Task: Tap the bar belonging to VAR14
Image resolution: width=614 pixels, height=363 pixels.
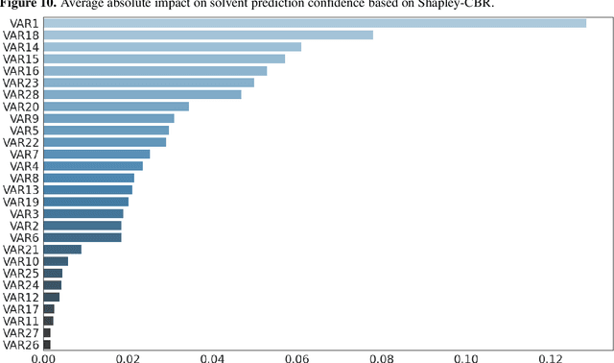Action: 173,46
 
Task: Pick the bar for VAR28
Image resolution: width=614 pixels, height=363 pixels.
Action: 143,94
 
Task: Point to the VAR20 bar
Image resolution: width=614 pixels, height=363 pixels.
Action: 116,107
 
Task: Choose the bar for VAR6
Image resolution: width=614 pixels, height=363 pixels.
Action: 83,237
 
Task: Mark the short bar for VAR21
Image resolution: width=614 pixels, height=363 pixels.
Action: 62,249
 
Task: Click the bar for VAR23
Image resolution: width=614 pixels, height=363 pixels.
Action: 149,83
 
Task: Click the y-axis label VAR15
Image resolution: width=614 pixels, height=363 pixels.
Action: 21,59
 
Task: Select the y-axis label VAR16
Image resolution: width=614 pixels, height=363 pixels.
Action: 21,71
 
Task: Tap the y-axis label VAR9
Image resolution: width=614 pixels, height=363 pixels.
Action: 24,118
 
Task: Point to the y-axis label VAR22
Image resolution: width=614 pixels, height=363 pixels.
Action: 21,142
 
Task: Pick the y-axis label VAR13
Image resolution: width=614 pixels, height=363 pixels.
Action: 21,189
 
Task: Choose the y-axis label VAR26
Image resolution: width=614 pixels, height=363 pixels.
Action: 21,344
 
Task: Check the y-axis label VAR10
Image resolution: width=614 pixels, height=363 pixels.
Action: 21,261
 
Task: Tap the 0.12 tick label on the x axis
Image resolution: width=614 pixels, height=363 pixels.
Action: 550,356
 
